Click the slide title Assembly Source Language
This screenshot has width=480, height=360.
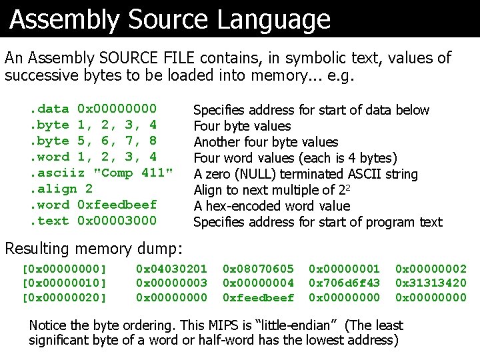click(x=170, y=20)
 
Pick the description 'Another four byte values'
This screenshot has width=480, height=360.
click(x=265, y=142)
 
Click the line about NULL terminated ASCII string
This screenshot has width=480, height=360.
click(x=305, y=174)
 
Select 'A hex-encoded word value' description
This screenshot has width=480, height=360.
click(x=271, y=206)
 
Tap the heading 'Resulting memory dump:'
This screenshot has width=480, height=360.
click(x=93, y=249)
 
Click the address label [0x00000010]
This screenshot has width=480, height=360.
click(x=65, y=283)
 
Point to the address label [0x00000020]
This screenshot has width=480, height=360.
click(x=65, y=297)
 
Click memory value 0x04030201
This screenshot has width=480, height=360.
click(x=171, y=269)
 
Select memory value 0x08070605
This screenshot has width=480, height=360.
click(x=258, y=269)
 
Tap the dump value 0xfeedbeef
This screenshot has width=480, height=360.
click(x=258, y=297)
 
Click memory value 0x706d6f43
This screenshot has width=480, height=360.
click(x=344, y=283)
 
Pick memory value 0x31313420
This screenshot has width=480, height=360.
click(x=431, y=283)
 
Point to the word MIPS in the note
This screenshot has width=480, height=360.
click(x=223, y=325)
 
